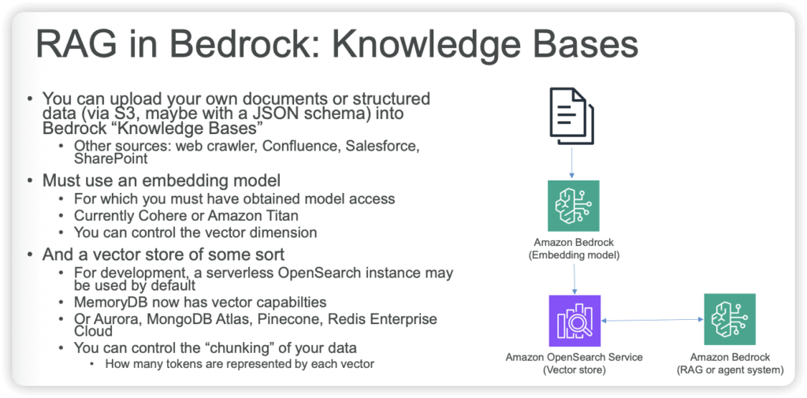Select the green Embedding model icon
[x=573, y=206]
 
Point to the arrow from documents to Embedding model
[x=573, y=163]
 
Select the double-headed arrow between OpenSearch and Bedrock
[x=652, y=320]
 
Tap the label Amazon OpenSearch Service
[x=574, y=358]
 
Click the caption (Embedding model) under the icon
[x=573, y=255]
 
